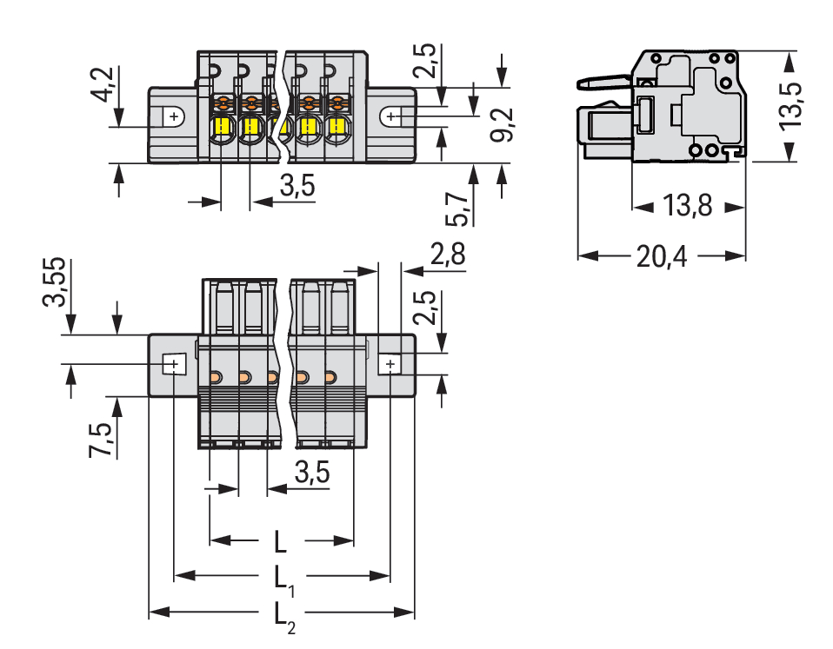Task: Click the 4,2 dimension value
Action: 103,83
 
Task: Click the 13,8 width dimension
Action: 687,207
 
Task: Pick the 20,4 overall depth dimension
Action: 662,256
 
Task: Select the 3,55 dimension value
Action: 54,281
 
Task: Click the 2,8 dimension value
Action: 448,255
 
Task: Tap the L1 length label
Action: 283,579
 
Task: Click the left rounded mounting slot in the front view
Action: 173,116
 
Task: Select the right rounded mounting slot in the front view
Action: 393,116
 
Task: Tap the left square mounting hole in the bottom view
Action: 175,363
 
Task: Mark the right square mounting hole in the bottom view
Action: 390,363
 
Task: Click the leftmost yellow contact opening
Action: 222,129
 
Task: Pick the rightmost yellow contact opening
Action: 336,129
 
